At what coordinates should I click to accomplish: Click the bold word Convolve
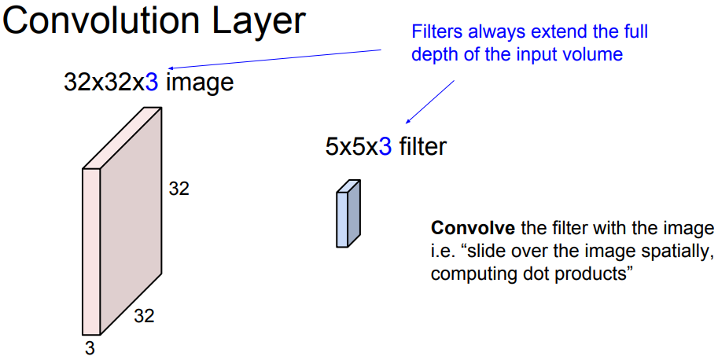(x=473, y=230)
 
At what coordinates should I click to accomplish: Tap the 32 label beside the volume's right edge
(x=179, y=189)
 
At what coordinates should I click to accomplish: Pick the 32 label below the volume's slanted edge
(x=144, y=317)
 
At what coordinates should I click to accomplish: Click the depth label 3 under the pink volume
(x=90, y=347)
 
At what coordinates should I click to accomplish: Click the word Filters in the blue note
(x=436, y=33)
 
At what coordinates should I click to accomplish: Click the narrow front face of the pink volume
(x=91, y=252)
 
